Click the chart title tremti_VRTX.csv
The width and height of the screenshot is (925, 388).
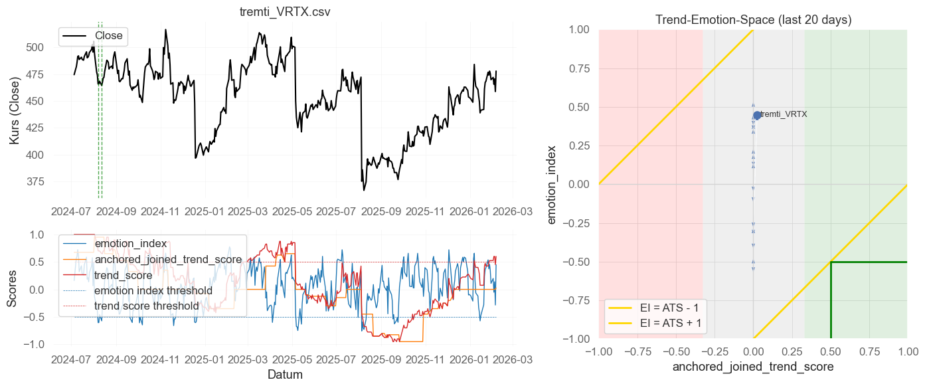[x=285, y=13]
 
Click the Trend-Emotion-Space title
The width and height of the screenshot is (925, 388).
[x=753, y=20]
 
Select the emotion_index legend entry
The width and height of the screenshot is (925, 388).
[x=130, y=244]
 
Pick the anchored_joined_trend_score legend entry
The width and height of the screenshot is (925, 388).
[x=168, y=259]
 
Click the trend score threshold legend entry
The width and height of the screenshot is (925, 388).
[x=146, y=306]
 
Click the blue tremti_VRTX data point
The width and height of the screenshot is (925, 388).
[x=757, y=116]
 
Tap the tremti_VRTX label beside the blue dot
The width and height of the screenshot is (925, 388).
[x=784, y=114]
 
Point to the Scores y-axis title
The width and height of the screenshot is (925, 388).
[x=12, y=290]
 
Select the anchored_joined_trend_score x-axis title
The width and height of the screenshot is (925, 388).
[x=753, y=367]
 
